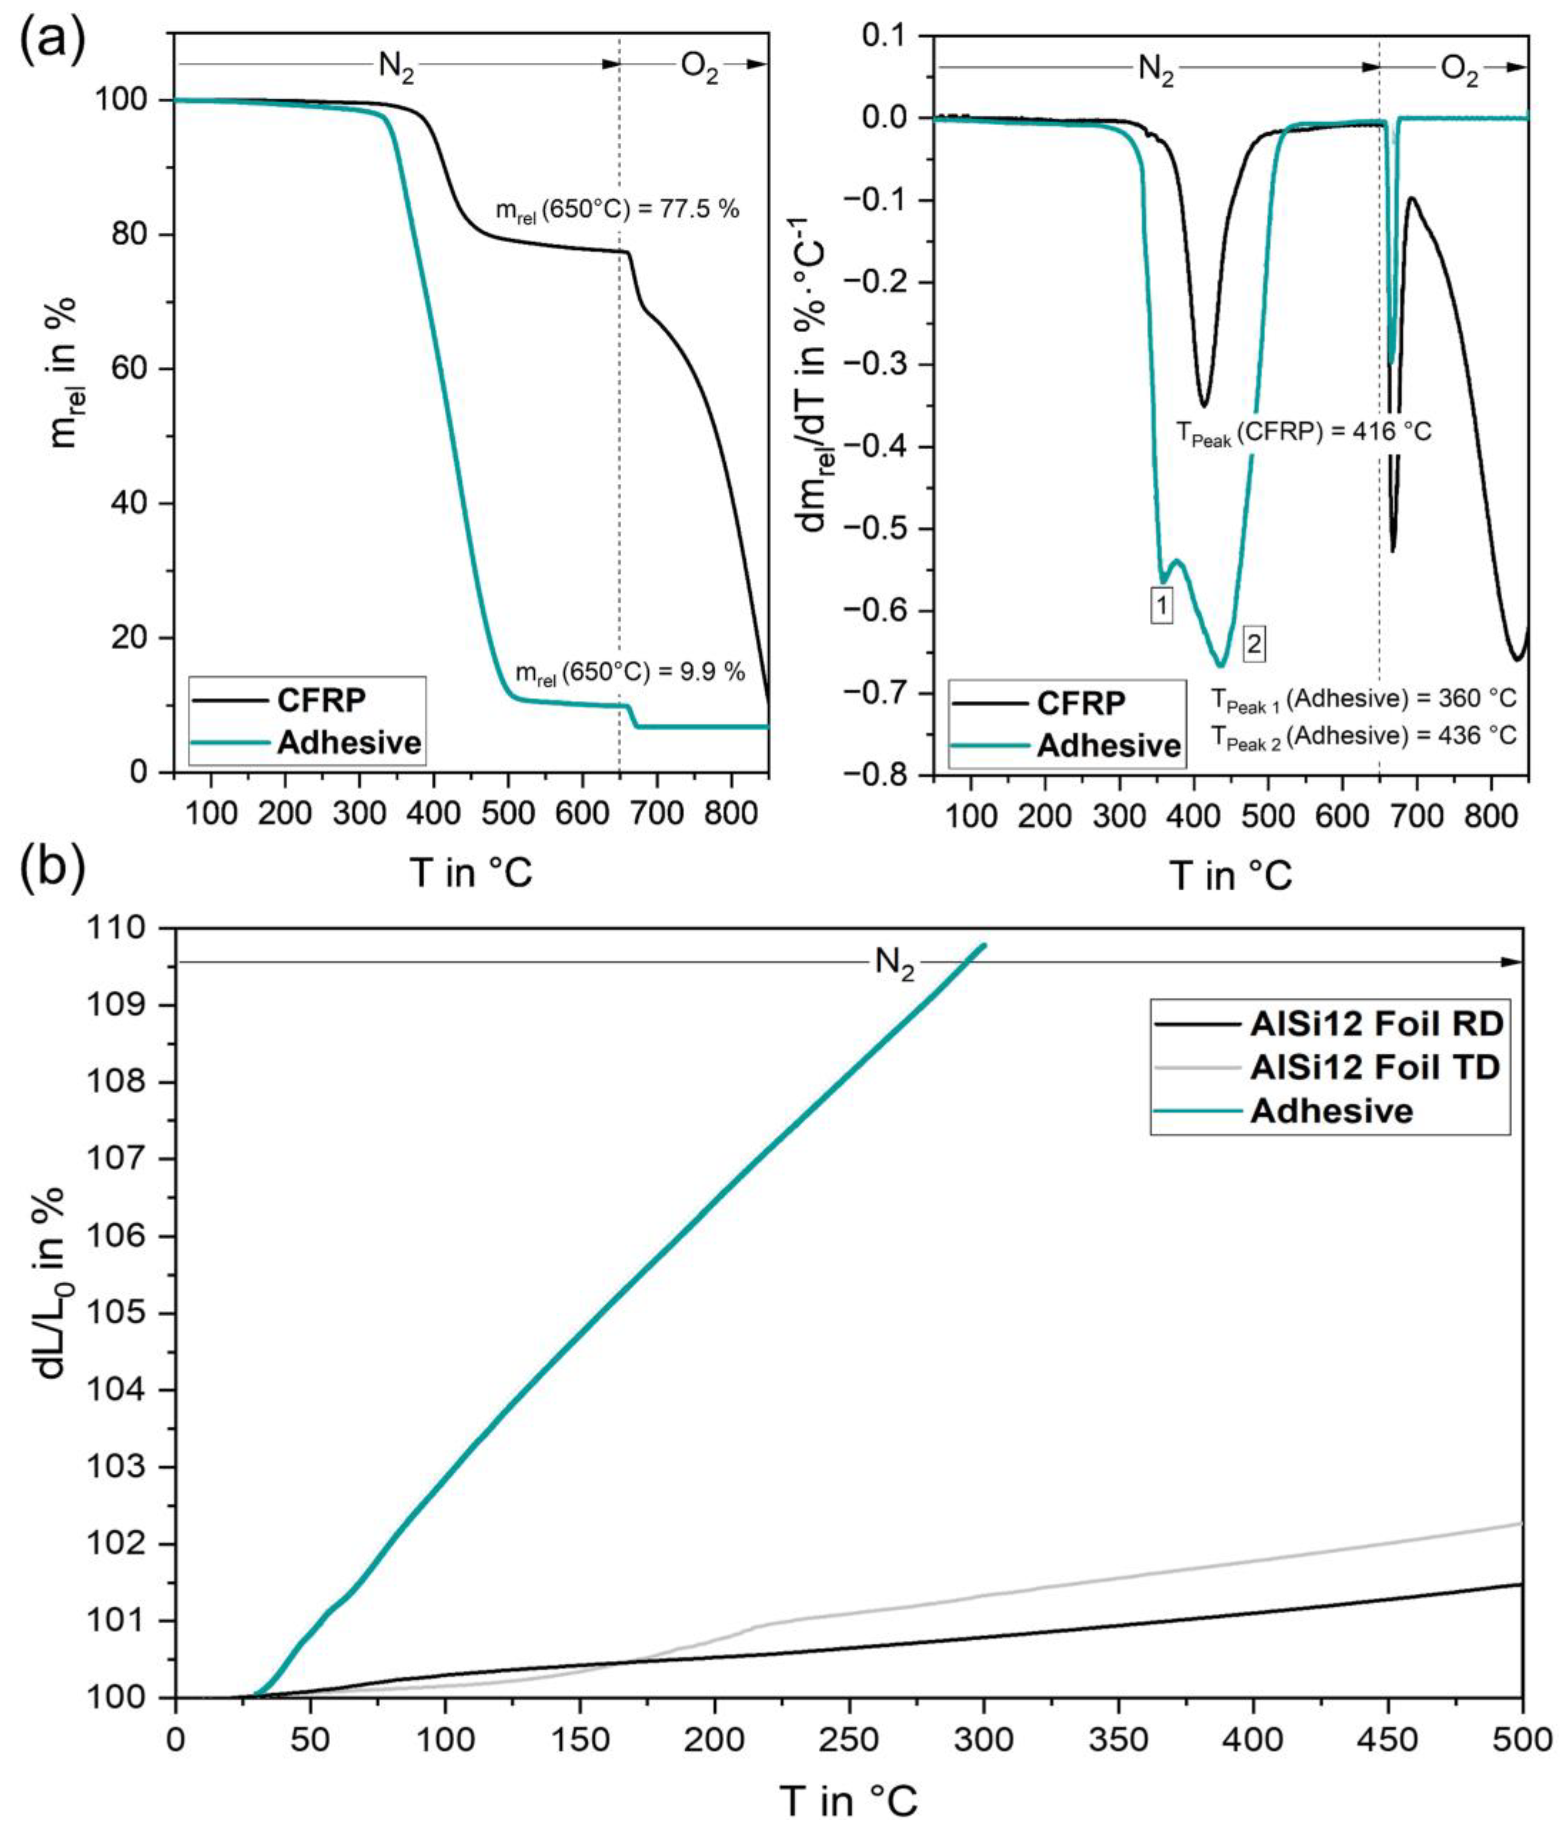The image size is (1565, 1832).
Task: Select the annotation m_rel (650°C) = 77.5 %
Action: (616, 210)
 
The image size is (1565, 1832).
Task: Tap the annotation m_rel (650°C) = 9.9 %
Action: (629, 673)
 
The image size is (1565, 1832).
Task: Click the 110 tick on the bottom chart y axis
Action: (130, 929)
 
